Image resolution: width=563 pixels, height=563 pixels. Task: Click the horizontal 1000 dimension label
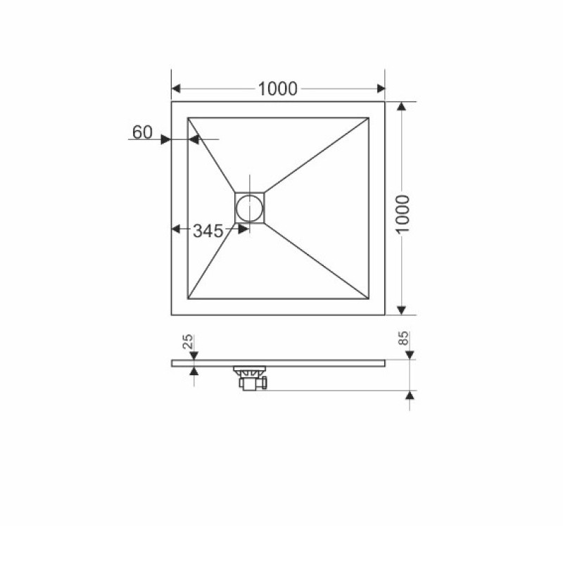[x=277, y=89]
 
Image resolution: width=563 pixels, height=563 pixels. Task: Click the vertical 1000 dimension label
[x=403, y=214]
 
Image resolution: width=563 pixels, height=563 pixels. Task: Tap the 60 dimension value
[x=143, y=132]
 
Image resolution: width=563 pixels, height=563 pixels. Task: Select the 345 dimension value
[x=208, y=231]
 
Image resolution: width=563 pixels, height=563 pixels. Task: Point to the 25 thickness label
[x=188, y=341]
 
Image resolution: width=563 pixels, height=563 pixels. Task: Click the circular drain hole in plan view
[x=249, y=208]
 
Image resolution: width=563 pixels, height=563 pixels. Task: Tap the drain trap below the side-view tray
[x=251, y=378]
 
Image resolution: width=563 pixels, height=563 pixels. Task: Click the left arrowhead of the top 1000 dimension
[x=176, y=89]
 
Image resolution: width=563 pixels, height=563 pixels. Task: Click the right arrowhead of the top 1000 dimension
[x=381, y=89]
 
